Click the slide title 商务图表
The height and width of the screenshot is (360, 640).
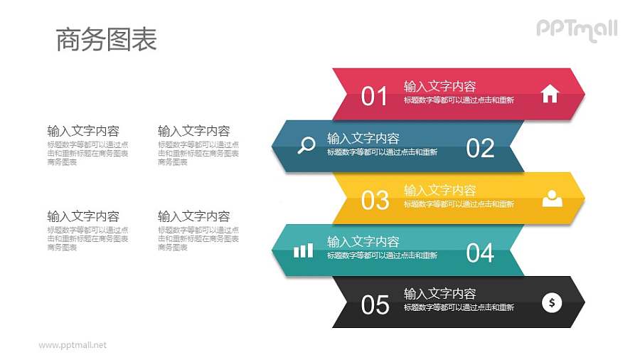pos(106,40)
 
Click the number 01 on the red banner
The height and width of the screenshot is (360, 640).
pos(374,96)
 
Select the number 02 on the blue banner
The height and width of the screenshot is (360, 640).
pos(480,148)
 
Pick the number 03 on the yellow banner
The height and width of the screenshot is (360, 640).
pos(375,201)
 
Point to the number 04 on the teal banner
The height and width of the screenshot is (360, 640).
pos(480,253)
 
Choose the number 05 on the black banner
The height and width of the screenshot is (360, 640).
pos(375,305)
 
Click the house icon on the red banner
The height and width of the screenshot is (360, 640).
pos(550,94)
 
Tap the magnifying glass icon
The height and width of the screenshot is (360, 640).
pos(306,146)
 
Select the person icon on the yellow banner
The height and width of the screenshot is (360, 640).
pos(552,198)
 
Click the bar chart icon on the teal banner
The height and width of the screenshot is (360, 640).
pos(303,250)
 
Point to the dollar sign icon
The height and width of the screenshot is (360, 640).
pos(552,302)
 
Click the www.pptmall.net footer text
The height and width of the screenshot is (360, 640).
pos(73,345)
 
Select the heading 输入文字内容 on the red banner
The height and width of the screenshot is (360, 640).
pos(439,86)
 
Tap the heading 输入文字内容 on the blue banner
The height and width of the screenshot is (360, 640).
pos(363,138)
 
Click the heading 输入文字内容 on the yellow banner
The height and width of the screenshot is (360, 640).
pos(439,190)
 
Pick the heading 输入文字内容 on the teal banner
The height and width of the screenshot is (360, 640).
pos(363,242)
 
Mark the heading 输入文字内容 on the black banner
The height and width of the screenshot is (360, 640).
pos(439,293)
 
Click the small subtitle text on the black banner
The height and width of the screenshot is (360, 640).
pos(459,307)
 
